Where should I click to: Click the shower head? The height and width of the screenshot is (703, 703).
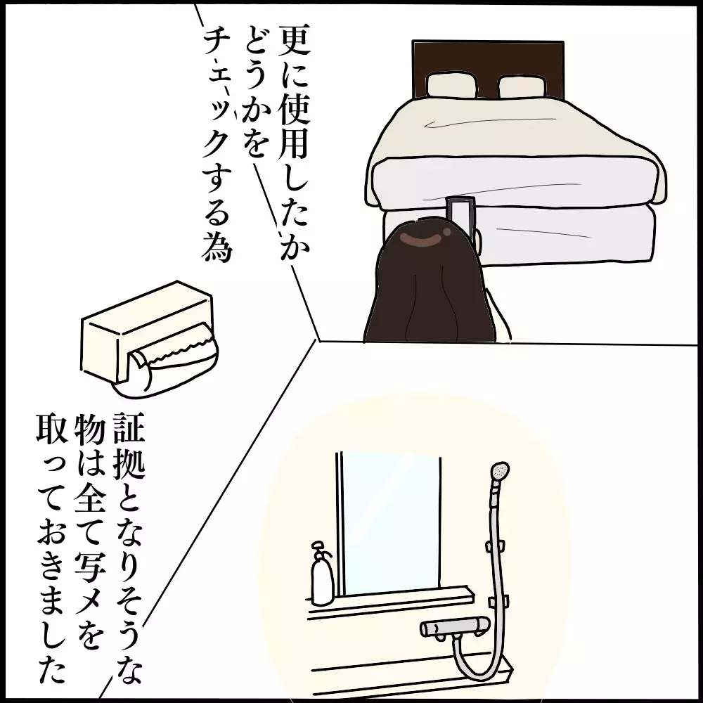pyautogui.click(x=499, y=471)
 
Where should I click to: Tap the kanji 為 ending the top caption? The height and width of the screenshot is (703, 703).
pyautogui.click(x=214, y=251)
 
